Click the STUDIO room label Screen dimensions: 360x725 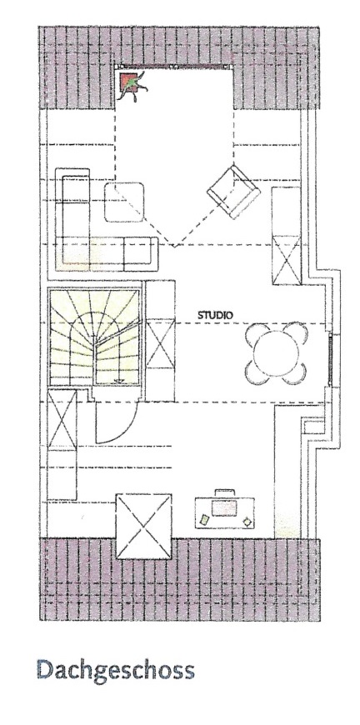pos(215,315)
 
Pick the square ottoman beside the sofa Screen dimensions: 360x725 pos(124,202)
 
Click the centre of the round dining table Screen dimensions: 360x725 pos(277,353)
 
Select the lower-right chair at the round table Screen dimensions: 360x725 pos(296,373)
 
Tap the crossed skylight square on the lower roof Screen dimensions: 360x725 pos(143,526)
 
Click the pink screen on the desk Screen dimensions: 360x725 pos(224,507)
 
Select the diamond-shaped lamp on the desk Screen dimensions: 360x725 pos(248,522)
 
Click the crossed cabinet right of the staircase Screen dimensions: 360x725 pos(160,343)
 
